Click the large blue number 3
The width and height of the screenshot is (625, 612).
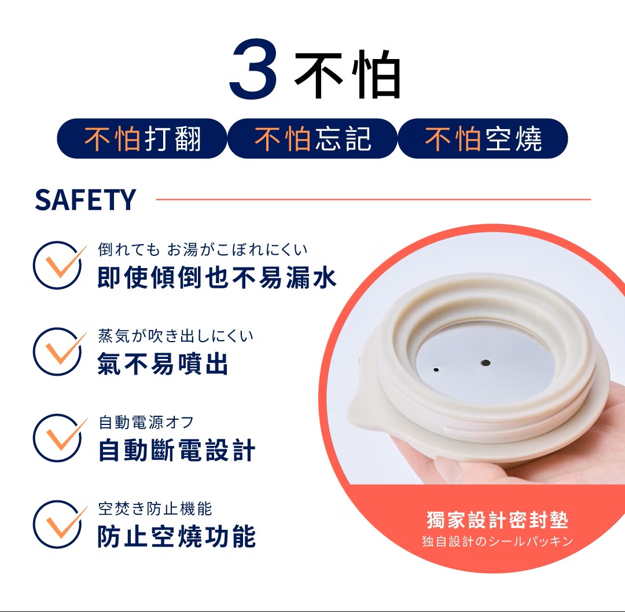coord(253,68)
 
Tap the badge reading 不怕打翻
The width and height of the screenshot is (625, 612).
coord(142,138)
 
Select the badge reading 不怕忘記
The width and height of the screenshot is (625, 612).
coord(312,138)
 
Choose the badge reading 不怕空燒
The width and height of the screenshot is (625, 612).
coord(483,138)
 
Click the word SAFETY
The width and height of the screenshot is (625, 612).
coord(85,200)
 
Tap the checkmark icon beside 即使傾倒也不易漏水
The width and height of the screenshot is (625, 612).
coord(59,265)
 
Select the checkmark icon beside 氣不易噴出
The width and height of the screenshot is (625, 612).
coord(59,351)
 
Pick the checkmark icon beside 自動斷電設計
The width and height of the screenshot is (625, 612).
coord(59,437)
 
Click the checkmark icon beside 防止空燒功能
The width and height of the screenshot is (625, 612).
coord(59,524)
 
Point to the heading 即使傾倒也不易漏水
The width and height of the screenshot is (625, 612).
coord(217,278)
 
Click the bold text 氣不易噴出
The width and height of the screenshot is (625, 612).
coord(163,364)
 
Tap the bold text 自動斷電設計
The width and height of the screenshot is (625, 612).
coord(177,450)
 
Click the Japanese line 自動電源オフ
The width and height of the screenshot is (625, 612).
coord(146,422)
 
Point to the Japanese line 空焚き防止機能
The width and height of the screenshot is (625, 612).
coord(155,509)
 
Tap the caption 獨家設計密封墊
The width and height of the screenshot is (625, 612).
coord(498,520)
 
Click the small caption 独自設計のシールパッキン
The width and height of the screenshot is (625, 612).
coord(498,541)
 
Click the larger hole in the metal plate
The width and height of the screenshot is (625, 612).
coord(486,362)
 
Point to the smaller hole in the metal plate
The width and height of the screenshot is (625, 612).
coord(436,369)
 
